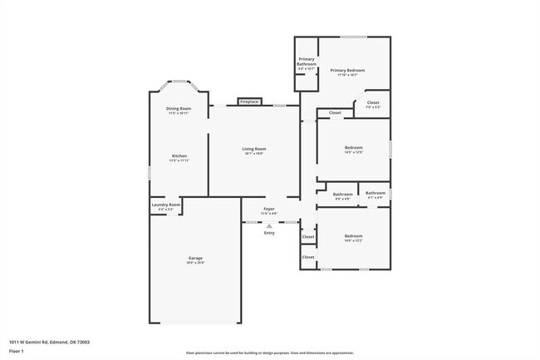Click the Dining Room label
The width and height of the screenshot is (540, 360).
(x=179, y=109)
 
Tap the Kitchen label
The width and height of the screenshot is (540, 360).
(x=179, y=156)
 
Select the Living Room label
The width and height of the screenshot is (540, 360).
(x=254, y=149)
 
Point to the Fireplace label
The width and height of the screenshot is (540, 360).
(x=249, y=101)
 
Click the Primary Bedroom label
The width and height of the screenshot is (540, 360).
(x=347, y=71)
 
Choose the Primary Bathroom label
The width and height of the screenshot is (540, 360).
(x=307, y=60)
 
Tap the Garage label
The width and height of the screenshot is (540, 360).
(x=195, y=259)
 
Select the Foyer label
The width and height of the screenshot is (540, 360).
(x=269, y=209)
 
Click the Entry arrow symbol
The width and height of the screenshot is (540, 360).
(x=269, y=225)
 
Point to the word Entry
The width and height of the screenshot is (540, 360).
(x=269, y=233)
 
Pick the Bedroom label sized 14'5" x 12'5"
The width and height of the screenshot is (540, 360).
(x=354, y=149)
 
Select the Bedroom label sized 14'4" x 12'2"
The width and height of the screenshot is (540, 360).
(x=354, y=236)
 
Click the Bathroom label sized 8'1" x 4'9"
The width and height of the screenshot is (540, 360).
(x=376, y=194)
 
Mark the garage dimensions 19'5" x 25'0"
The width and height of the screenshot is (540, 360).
(x=195, y=264)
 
